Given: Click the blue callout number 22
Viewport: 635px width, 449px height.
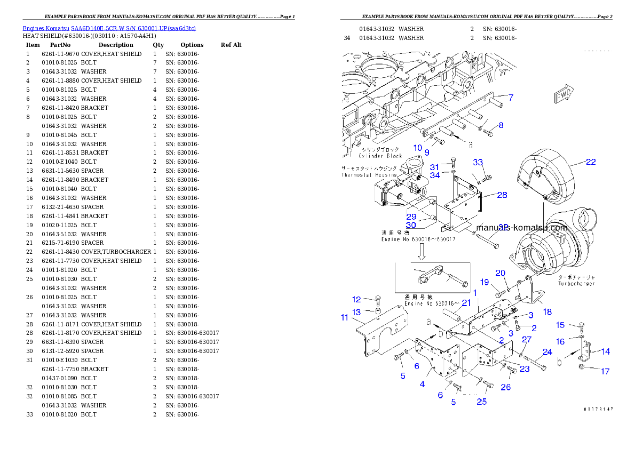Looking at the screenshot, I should coord(590,162).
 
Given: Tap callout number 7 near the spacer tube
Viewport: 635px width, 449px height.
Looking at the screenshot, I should coord(511,98).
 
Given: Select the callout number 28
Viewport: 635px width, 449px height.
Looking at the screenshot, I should coord(502,195).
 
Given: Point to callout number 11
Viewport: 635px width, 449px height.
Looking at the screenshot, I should coord(345,318).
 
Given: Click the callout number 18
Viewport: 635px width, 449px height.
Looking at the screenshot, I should coord(547,312).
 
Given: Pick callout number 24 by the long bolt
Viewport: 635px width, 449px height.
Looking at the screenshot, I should coord(547,352).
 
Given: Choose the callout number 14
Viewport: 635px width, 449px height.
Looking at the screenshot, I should coord(606,351).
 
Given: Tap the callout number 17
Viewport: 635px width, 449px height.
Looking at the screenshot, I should coord(605,371).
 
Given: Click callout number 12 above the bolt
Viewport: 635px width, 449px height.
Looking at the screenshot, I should coord(356,299).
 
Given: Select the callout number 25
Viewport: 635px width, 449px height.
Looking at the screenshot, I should coord(482,402).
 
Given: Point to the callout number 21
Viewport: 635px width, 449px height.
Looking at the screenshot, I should coord(466,303).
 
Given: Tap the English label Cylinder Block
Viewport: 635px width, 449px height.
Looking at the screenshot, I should coord(380,156).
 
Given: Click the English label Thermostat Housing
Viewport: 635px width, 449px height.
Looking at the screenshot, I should coord(369,175).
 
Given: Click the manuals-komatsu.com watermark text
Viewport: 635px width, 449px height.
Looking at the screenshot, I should coord(521,228).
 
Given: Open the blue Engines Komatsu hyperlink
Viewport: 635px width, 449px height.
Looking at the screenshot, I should coord(109,28).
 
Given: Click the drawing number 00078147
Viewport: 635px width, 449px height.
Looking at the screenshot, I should coord(598,409).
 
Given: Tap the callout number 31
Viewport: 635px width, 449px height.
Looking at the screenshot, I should coord(434,167).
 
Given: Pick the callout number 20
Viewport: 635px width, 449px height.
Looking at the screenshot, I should coord(500,273).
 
